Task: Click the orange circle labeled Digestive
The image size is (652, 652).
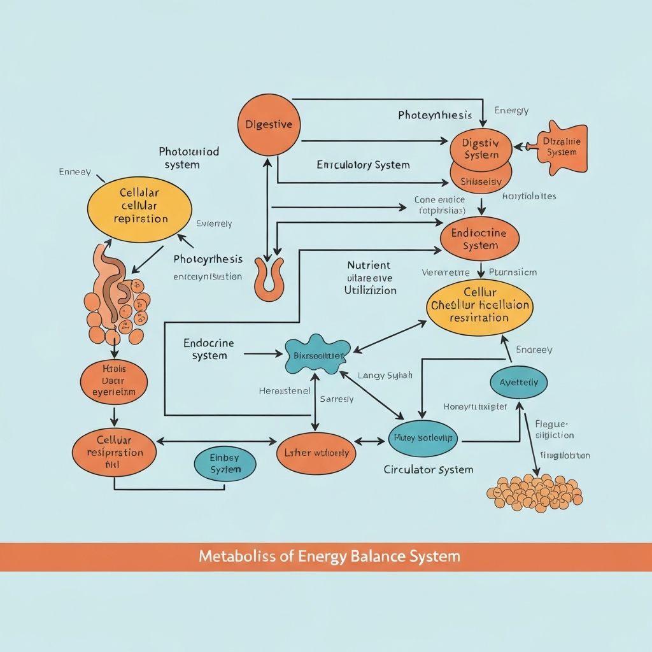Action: tap(269, 125)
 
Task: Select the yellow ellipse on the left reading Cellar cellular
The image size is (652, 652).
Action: tap(139, 204)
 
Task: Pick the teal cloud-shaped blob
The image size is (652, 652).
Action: tap(317, 355)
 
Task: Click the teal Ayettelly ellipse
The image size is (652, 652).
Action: tap(518, 383)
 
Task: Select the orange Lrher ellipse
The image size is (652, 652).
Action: tap(316, 453)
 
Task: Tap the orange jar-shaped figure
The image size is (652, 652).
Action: tap(561, 146)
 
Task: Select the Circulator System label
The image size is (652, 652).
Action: tap(429, 470)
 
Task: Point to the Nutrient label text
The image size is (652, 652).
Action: tap(369, 265)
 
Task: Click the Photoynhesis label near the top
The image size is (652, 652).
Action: tap(435, 115)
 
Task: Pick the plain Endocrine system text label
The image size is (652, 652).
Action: tap(209, 349)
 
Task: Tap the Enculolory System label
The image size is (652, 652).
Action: tap(363, 165)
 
